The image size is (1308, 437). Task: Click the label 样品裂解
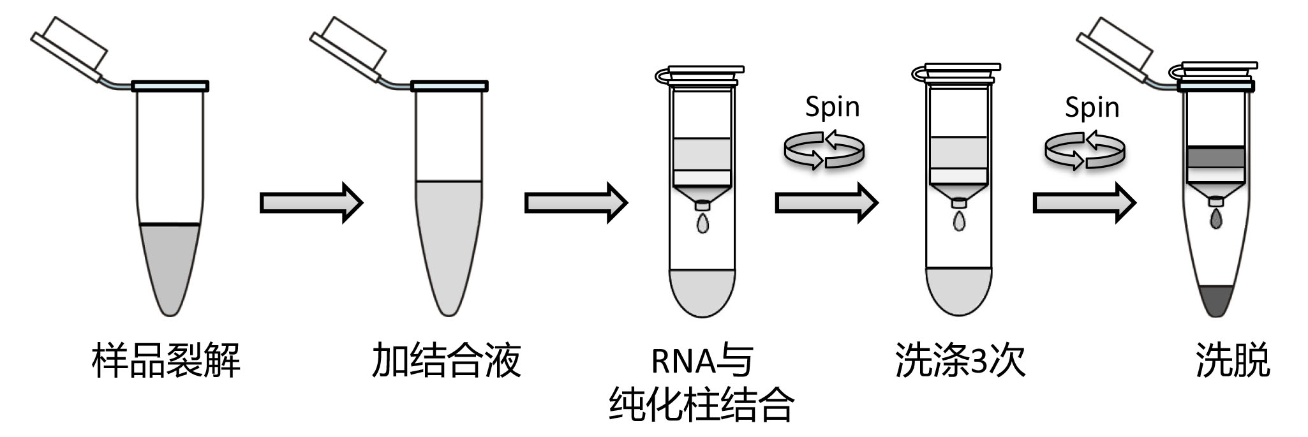point(166,361)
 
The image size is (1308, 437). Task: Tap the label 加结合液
point(447,361)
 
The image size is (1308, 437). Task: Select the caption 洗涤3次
point(960,361)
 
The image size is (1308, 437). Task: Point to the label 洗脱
point(1232,361)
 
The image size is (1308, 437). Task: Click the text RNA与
point(702,361)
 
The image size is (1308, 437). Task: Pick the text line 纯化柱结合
point(702,404)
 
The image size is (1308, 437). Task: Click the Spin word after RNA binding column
point(832,107)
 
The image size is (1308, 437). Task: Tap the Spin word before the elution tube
point(1092,107)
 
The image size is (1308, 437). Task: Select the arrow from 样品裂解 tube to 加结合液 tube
point(311,203)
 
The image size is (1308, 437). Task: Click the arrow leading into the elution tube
point(1084,203)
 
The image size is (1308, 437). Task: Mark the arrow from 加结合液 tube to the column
point(576,203)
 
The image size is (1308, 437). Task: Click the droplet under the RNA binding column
point(702,224)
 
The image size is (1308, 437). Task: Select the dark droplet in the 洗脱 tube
point(1216,220)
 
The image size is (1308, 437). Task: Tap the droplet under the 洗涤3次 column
point(959,221)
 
